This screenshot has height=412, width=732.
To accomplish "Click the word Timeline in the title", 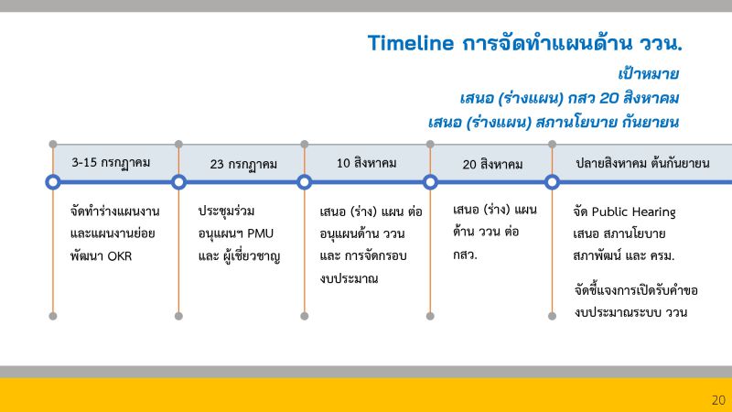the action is [410, 43].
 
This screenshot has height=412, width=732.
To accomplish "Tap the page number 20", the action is [718, 400].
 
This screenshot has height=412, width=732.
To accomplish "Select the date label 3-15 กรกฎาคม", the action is [111, 163].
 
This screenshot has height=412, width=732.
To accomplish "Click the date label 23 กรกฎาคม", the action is [243, 165].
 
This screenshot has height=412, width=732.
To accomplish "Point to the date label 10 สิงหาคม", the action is [367, 163].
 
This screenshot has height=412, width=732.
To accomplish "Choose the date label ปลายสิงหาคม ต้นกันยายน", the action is [642, 164].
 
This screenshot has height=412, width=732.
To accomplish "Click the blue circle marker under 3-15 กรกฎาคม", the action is [53, 182].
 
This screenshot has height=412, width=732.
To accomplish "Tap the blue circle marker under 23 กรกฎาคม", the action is [178, 182].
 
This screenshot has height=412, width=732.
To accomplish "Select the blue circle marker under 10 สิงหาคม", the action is [305, 182].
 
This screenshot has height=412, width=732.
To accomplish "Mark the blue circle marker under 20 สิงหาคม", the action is [430, 182].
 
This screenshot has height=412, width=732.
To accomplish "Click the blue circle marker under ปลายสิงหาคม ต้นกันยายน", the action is [552, 182].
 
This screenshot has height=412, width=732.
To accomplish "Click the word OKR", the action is [120, 256].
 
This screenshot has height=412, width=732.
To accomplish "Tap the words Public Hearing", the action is [633, 212].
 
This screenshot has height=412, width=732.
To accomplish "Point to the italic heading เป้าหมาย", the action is [648, 74].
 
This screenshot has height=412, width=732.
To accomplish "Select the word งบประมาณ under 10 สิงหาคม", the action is [349, 279].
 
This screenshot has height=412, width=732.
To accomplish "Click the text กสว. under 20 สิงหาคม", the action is [465, 255].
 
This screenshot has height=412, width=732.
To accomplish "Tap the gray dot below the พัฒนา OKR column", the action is [53, 316].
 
